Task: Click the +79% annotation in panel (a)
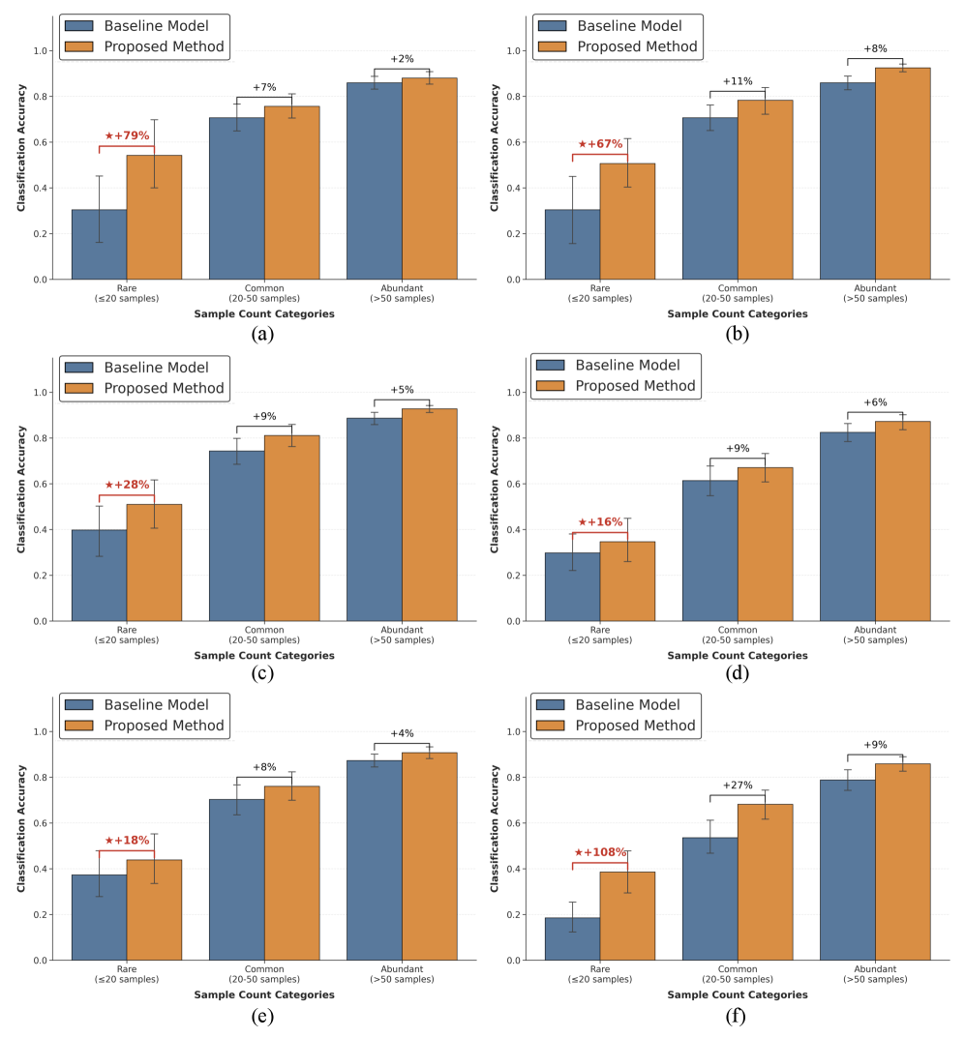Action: click(x=127, y=135)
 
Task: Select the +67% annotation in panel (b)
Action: click(x=600, y=144)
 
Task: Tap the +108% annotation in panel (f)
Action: click(x=600, y=852)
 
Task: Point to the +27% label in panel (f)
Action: click(x=738, y=786)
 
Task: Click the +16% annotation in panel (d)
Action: click(x=600, y=521)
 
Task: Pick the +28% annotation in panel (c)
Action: click(x=127, y=485)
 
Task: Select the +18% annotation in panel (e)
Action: click(x=127, y=841)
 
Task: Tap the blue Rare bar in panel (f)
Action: click(x=572, y=938)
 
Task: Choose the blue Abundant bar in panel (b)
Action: click(x=847, y=181)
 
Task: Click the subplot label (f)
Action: click(x=738, y=1016)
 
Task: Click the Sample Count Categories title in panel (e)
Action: click(x=263, y=994)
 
